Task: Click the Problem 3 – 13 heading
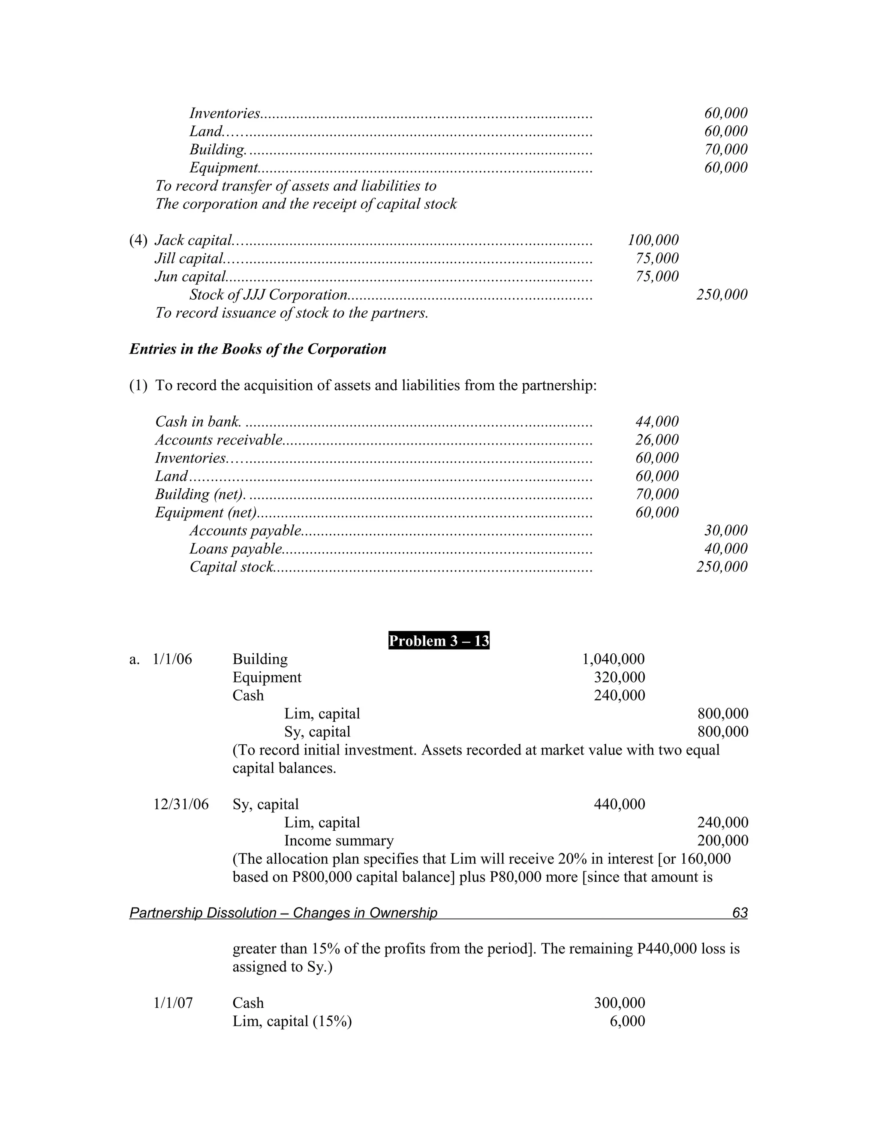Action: pos(439,641)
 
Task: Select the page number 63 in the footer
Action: pos(739,912)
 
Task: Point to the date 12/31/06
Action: pos(180,804)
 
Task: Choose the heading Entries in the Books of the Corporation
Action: pos(258,349)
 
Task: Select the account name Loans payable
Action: pos(236,549)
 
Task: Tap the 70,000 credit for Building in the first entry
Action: pos(726,149)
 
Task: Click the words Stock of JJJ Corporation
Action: pos(268,295)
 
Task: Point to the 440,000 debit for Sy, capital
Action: pos(619,804)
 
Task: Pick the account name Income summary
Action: pos(339,841)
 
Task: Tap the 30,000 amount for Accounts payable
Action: pos(726,531)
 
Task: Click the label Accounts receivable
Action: pos(219,440)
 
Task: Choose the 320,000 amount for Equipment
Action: pos(619,677)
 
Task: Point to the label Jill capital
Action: pos(189,258)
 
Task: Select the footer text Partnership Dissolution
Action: pos(203,913)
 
